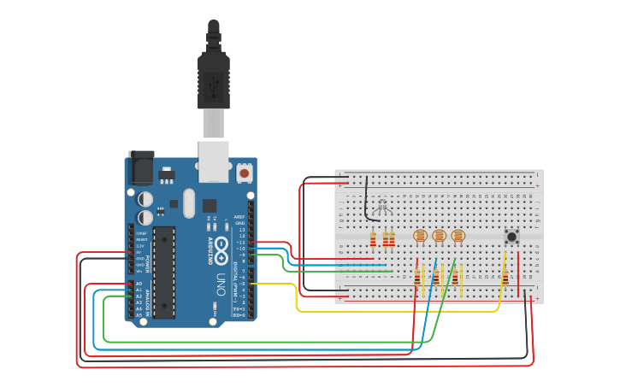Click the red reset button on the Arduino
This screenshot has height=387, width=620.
point(245,173)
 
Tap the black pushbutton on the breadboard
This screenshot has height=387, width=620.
point(511,237)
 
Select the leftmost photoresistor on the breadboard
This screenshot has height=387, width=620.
point(419,236)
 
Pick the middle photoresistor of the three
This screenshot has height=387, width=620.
point(439,236)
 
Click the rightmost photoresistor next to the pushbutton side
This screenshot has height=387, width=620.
point(458,236)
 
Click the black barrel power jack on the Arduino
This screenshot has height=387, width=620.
point(141,168)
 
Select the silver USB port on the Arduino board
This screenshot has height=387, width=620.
point(214,161)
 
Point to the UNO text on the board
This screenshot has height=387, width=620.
point(221,283)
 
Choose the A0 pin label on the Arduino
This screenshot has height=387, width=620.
point(139,284)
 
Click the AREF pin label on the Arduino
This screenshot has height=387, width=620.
point(240,218)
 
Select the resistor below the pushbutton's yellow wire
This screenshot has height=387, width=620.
point(505,277)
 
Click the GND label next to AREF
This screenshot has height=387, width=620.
point(240,224)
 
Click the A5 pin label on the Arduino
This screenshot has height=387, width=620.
point(139,315)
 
